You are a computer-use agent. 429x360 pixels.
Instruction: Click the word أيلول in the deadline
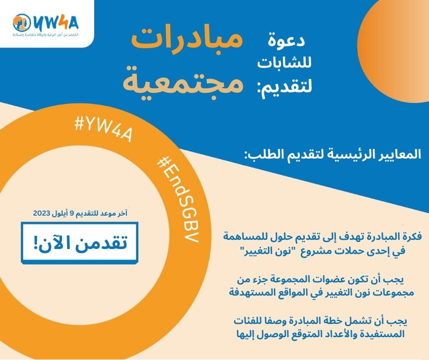click(62, 213)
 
